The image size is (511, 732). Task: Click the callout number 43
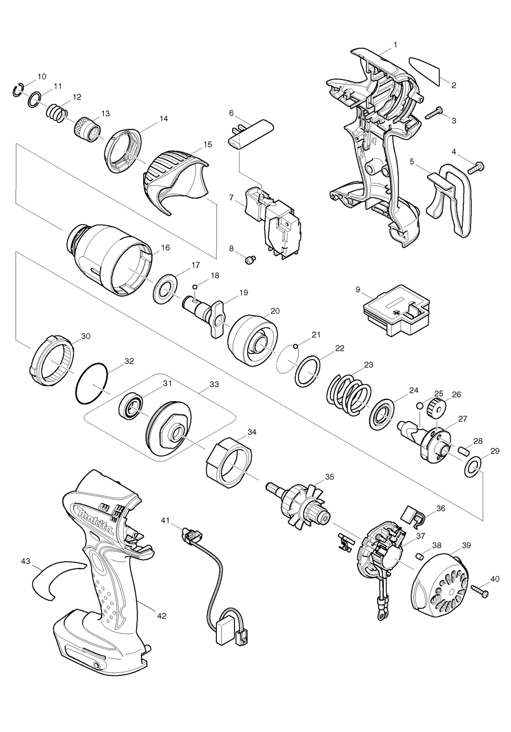[x=26, y=561]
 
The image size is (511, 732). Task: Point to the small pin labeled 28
[x=462, y=451]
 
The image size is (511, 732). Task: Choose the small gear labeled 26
[x=438, y=406]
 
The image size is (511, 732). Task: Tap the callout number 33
[x=214, y=384]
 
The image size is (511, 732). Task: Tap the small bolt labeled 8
[x=250, y=260]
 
